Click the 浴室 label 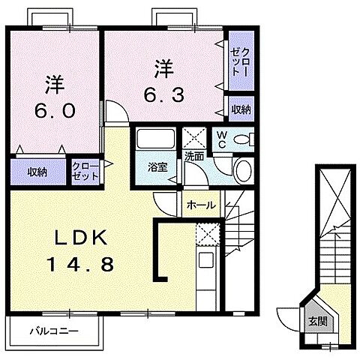[157, 166]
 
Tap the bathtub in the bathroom [156, 139]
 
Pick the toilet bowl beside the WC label [244, 138]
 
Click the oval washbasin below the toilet [244, 171]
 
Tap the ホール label [200, 204]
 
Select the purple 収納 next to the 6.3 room [241, 109]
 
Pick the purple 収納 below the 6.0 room [38, 172]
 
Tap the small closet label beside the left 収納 [83, 172]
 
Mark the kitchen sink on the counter [205, 262]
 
